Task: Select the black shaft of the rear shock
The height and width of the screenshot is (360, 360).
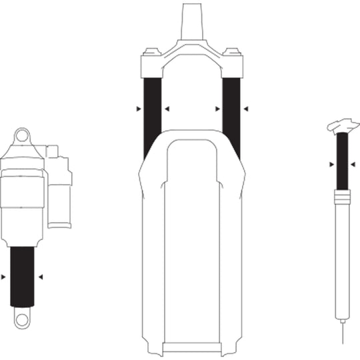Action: click(x=23, y=276)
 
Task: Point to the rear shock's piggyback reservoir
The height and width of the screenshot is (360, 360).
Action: click(x=59, y=190)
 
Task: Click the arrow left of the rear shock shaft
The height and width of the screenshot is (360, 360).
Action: click(x=5, y=276)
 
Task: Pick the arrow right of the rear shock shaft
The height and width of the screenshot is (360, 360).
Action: click(x=41, y=276)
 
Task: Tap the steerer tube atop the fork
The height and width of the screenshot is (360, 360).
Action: click(x=191, y=20)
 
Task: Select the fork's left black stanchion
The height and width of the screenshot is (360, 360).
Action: click(x=153, y=110)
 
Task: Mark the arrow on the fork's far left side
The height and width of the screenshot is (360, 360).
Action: click(x=138, y=107)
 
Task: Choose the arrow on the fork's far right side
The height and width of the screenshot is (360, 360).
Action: click(x=246, y=107)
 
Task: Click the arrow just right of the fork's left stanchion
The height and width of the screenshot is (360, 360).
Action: click(x=167, y=107)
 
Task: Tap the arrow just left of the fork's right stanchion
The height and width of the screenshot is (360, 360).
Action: click(x=217, y=107)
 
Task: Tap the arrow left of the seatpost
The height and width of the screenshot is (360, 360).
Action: click(x=332, y=163)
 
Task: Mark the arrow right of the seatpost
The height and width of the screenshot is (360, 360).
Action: click(x=353, y=163)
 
